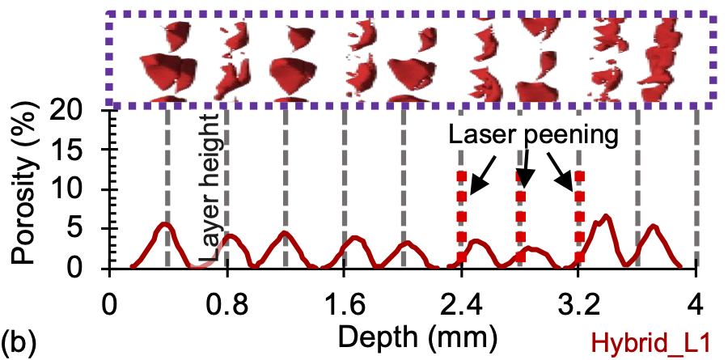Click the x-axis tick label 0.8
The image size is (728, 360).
(226, 309)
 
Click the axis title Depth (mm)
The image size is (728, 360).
(402, 335)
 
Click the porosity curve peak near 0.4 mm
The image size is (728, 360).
(164, 224)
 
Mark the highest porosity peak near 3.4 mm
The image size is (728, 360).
(604, 216)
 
